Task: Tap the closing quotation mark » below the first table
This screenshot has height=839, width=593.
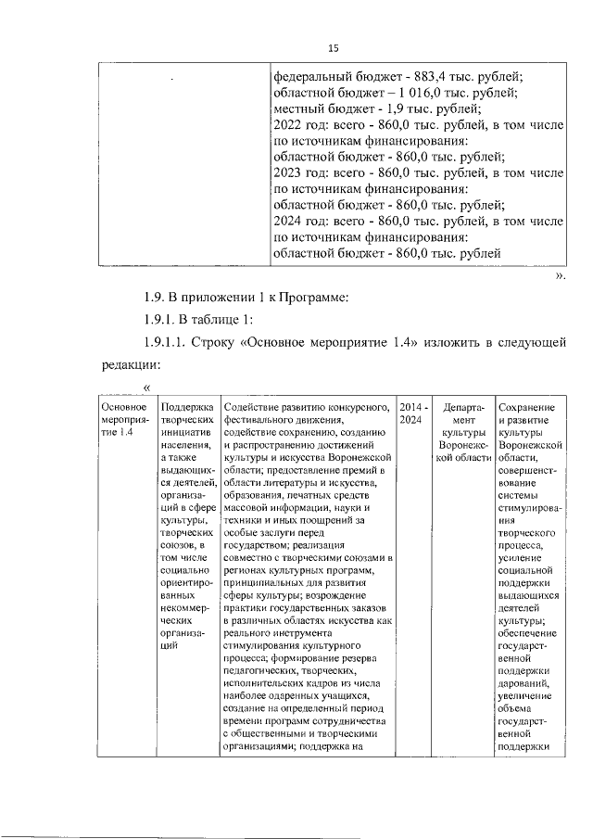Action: [x=558, y=275]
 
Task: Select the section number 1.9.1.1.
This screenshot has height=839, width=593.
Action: [x=170, y=344]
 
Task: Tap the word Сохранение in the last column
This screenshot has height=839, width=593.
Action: [x=526, y=408]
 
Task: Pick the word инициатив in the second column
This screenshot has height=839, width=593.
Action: [x=187, y=432]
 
